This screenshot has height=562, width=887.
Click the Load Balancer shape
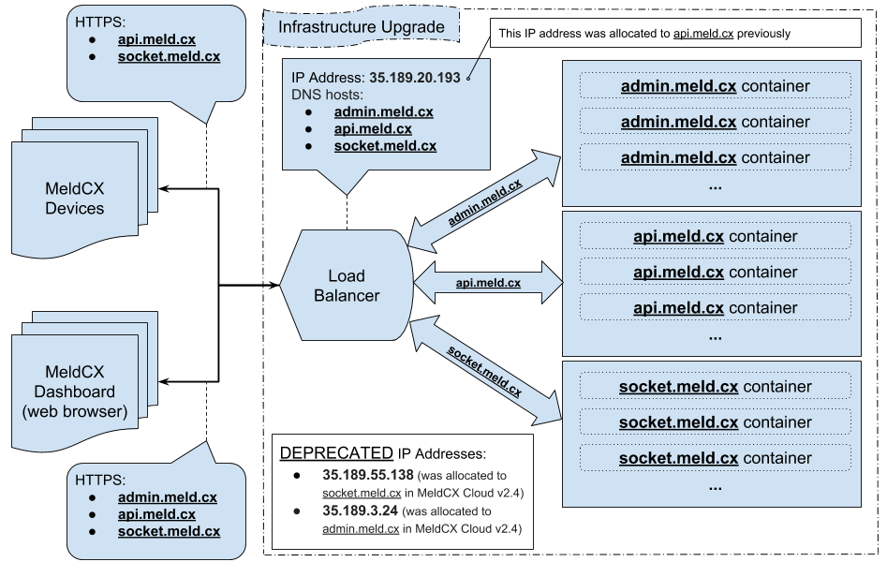click(347, 285)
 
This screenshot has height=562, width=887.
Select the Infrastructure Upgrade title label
click(362, 26)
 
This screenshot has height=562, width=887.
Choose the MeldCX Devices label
click(74, 198)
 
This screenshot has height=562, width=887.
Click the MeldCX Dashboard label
click(74, 392)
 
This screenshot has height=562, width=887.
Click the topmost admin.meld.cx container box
click(715, 86)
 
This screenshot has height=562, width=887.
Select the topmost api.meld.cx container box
click(715, 237)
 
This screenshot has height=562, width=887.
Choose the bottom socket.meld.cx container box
click(715, 458)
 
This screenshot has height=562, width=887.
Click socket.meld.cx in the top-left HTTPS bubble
click(169, 56)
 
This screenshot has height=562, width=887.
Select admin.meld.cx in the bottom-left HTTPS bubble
click(167, 497)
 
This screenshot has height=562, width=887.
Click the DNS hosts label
click(324, 95)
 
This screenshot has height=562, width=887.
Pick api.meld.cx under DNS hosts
click(372, 128)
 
